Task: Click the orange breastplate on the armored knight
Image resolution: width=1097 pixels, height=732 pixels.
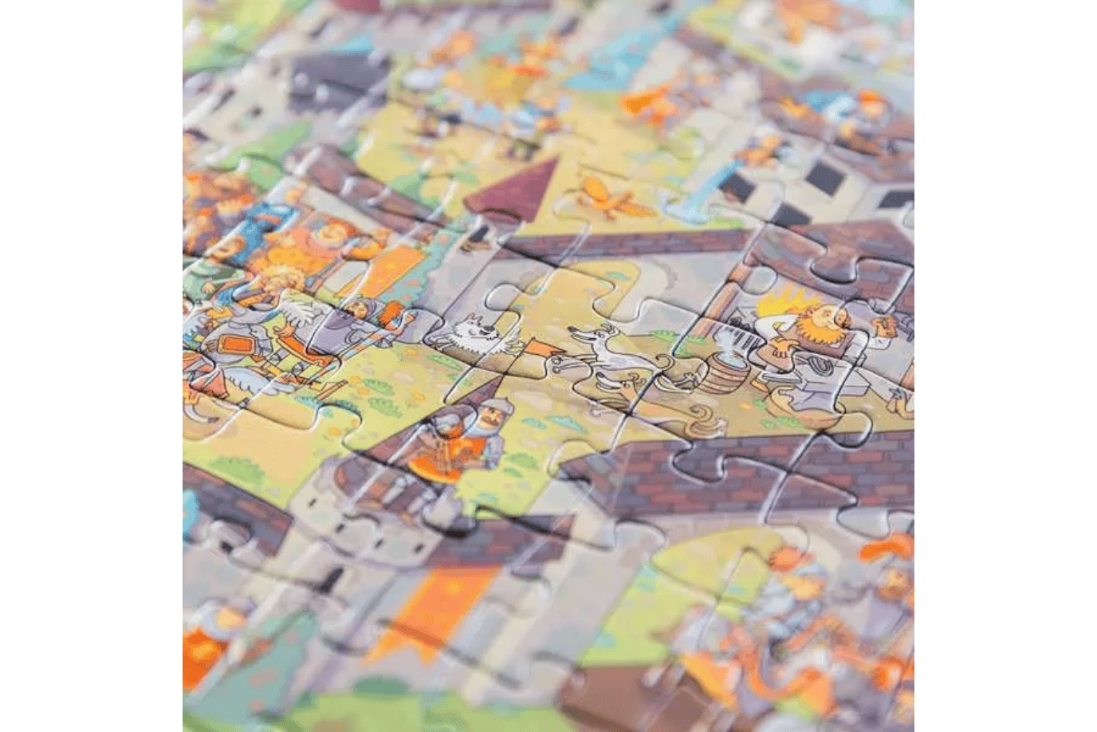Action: coord(235,344)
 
